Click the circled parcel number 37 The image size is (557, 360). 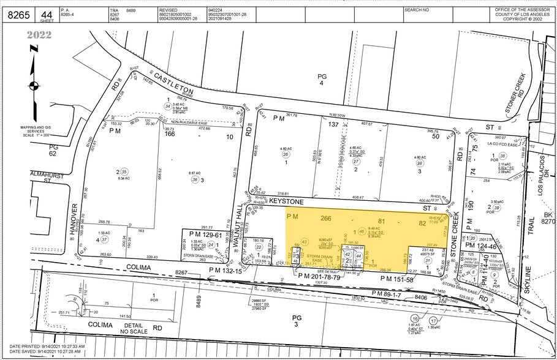coord(104,239)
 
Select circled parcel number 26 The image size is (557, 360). coord(285,154)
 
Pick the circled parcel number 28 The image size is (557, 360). coord(420,163)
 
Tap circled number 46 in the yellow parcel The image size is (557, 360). coord(362,231)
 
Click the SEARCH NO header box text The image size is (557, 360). coord(417,10)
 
